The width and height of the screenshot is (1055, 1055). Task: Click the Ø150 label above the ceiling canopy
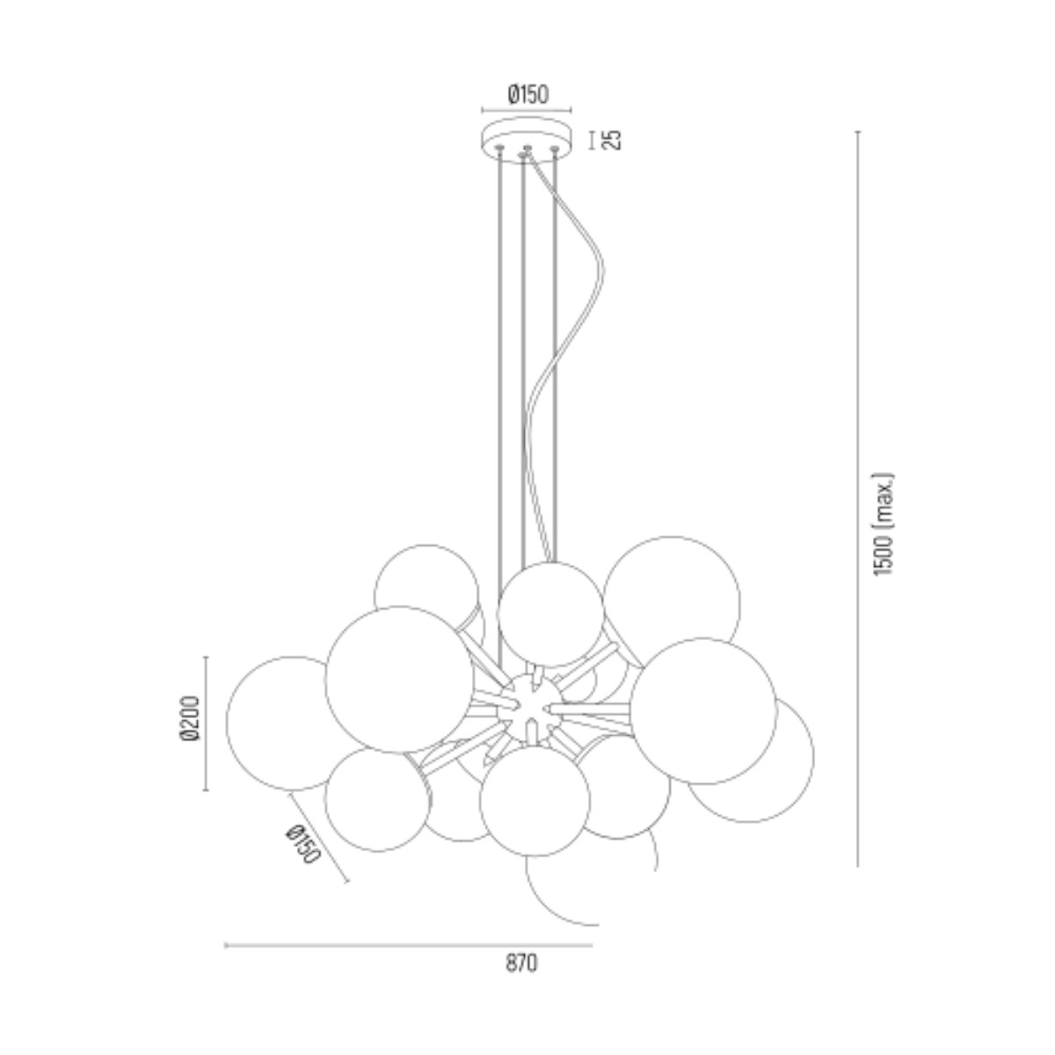pyautogui.click(x=527, y=95)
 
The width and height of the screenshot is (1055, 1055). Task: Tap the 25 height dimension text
pyautogui.click(x=612, y=140)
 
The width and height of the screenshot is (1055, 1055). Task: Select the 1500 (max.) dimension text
pyautogui.click(x=883, y=524)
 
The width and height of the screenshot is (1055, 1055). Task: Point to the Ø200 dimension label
pyautogui.click(x=190, y=718)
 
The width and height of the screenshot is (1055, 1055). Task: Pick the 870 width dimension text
pyautogui.click(x=521, y=963)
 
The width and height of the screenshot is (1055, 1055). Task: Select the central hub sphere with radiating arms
pyautogui.click(x=529, y=709)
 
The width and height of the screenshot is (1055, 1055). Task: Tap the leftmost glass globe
pyautogui.click(x=229, y=723)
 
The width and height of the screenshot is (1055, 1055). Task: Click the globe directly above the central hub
pyautogui.click(x=550, y=615)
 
